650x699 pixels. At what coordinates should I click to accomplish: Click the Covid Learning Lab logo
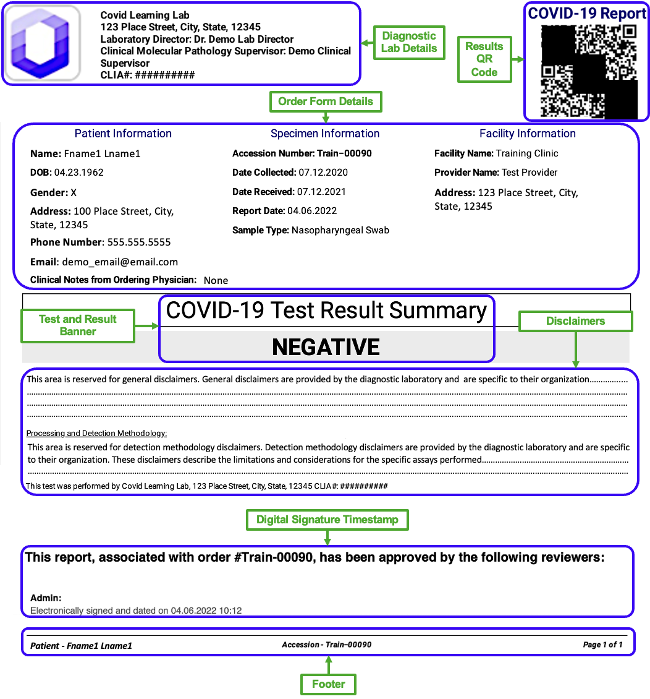point(41,43)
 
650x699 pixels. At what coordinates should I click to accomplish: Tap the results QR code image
point(589,71)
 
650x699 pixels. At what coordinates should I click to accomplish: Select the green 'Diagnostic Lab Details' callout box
point(409,42)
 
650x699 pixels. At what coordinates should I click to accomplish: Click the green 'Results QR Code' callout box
point(484,59)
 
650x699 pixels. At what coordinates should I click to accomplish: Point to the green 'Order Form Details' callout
point(326,101)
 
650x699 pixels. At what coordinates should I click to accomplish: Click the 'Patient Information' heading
point(123,134)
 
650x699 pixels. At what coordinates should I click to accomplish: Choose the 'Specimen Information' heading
point(325,134)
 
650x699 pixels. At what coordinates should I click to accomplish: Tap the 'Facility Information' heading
point(528,134)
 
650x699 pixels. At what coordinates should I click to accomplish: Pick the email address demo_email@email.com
point(120,262)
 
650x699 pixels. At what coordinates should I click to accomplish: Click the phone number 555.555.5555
point(139,242)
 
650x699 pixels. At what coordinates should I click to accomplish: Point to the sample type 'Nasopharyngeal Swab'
point(340,230)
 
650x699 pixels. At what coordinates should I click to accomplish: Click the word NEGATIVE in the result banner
point(326,348)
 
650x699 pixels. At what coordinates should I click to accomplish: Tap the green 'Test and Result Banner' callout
point(78,325)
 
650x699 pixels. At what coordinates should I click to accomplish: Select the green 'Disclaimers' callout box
point(575,321)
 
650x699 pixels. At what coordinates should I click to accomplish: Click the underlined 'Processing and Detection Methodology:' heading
point(97,434)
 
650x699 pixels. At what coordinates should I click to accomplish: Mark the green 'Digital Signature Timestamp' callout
point(327,520)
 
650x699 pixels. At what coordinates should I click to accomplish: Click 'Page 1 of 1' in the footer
point(602,645)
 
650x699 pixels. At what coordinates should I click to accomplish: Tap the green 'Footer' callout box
point(328,684)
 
